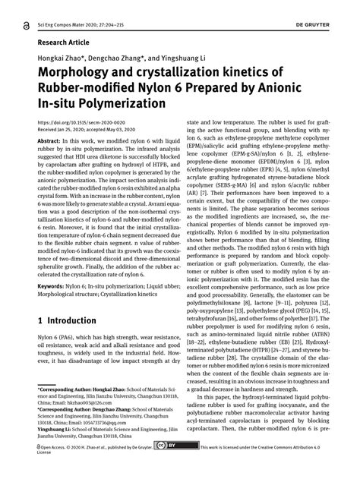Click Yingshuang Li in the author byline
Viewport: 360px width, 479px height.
(182, 57)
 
